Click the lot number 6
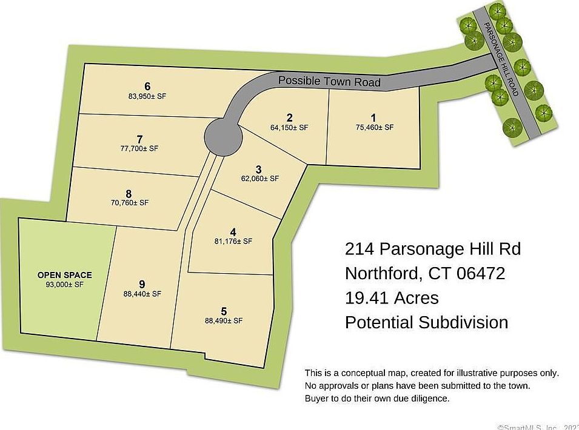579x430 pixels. point(147,86)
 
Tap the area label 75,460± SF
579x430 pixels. point(375,128)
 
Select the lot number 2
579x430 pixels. point(290,117)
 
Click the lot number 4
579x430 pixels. point(233,232)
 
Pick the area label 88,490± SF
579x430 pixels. point(224,320)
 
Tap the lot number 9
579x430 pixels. point(142,284)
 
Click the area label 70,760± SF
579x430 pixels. point(130,203)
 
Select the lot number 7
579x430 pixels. point(140,139)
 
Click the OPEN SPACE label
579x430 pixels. point(65,275)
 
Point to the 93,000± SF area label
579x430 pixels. point(64,285)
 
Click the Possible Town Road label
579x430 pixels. point(329,81)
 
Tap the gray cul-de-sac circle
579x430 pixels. point(221,136)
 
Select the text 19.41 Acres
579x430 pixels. point(392,297)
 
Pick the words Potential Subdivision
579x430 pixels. point(426,322)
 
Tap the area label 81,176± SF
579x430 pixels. point(233,241)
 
